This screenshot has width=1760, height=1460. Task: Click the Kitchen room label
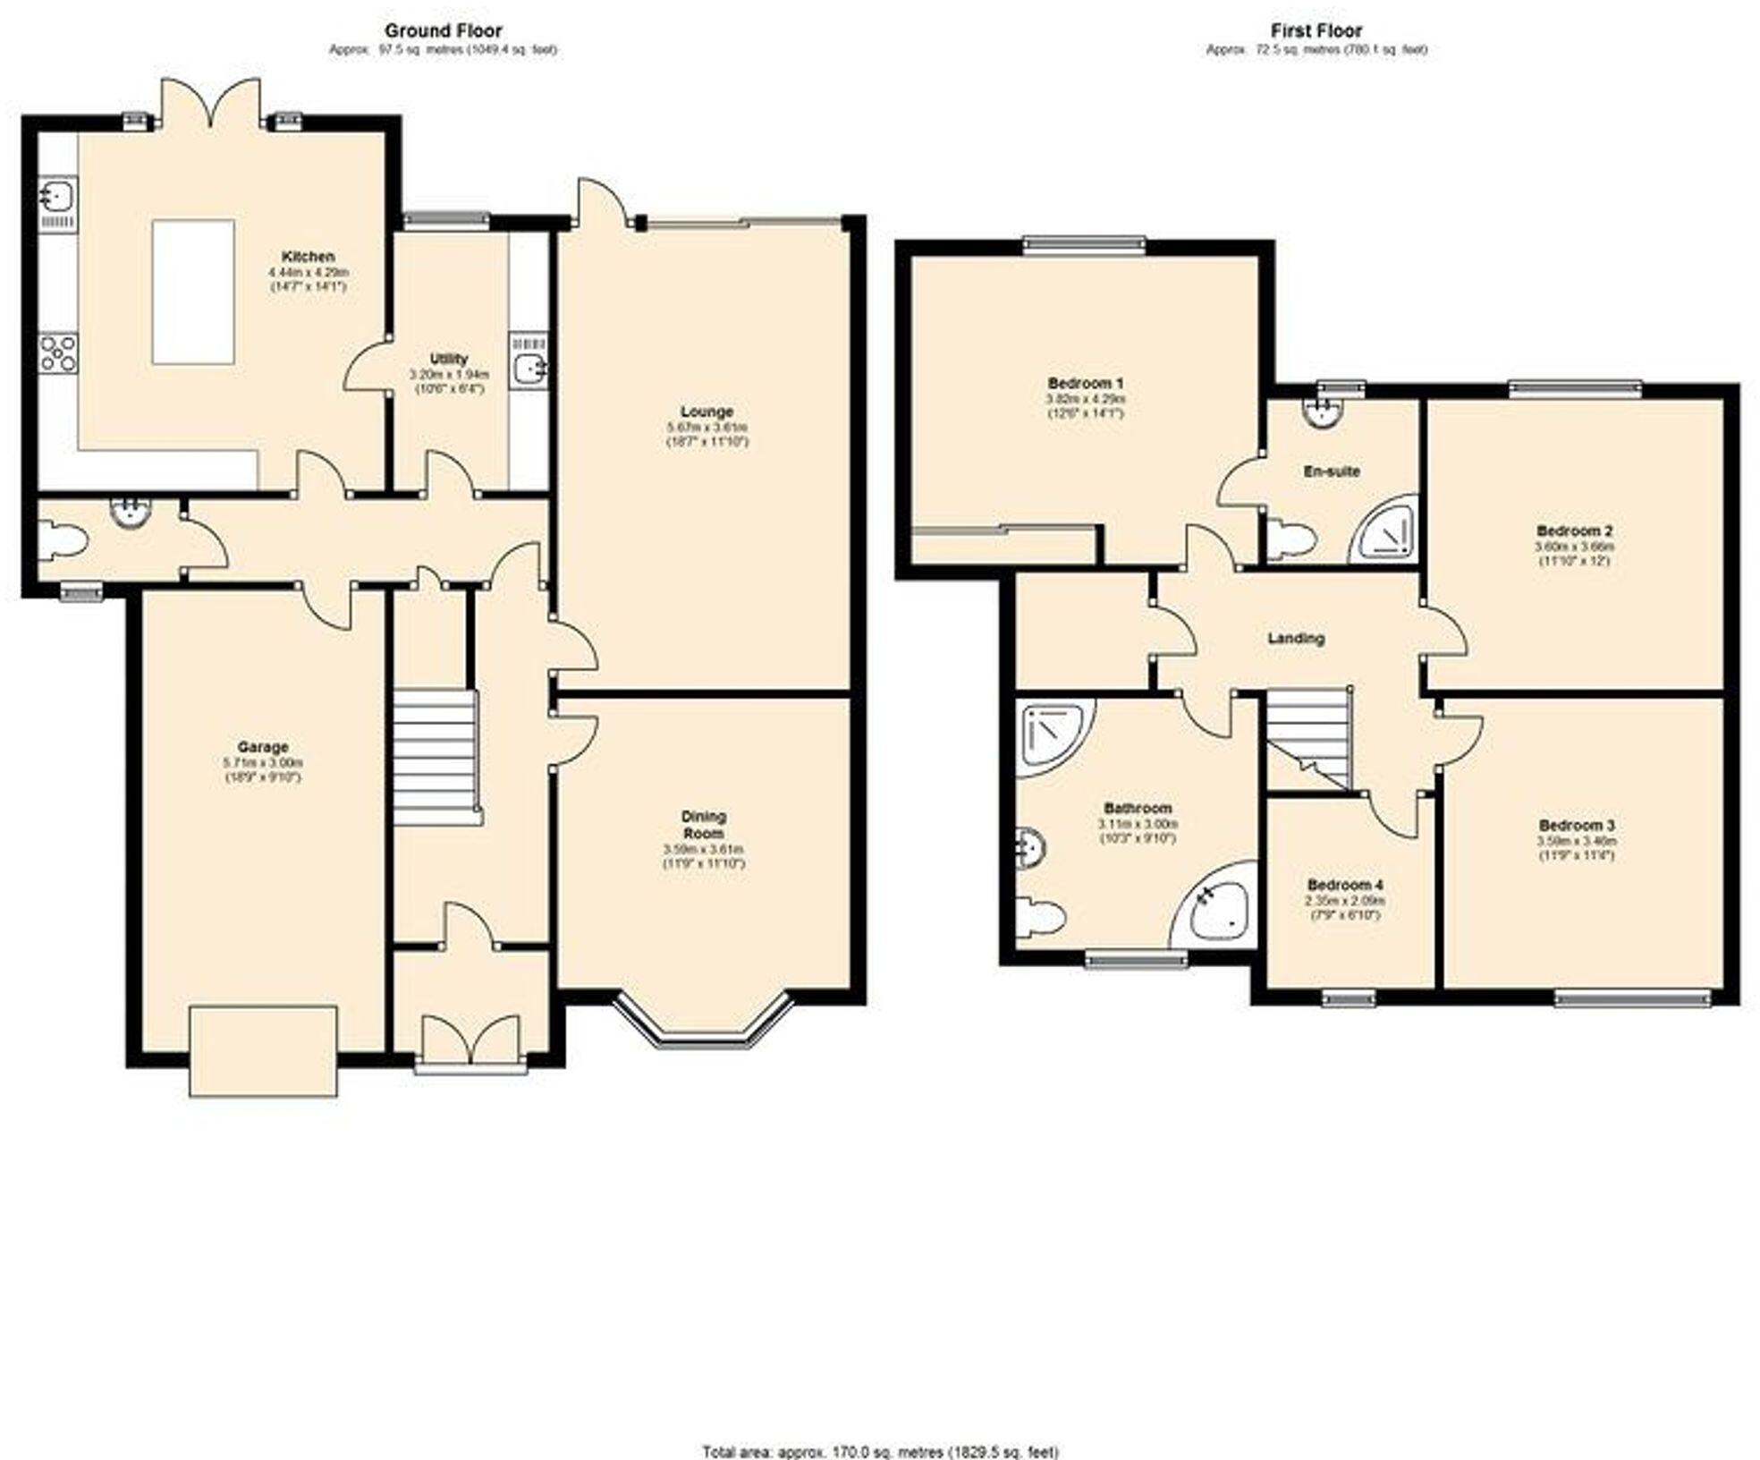[308, 257]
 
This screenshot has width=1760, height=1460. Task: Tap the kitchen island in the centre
[193, 292]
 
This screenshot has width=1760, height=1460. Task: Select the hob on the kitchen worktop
[58, 352]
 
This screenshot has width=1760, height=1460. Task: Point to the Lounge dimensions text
[706, 434]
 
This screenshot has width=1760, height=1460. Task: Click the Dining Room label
[704, 824]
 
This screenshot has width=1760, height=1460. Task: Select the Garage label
[262, 747]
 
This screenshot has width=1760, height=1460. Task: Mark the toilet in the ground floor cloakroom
[66, 542]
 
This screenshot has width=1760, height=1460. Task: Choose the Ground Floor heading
[443, 31]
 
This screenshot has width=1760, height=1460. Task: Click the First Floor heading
[1316, 31]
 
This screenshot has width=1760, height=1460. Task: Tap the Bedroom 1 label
[1085, 383]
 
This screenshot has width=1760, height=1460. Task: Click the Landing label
[1296, 638]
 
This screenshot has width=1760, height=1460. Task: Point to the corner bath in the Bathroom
[1217, 905]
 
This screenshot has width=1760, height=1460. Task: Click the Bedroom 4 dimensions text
[1343, 907]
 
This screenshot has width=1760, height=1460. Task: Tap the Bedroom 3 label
[1576, 825]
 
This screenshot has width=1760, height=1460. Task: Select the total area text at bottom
[880, 1451]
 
